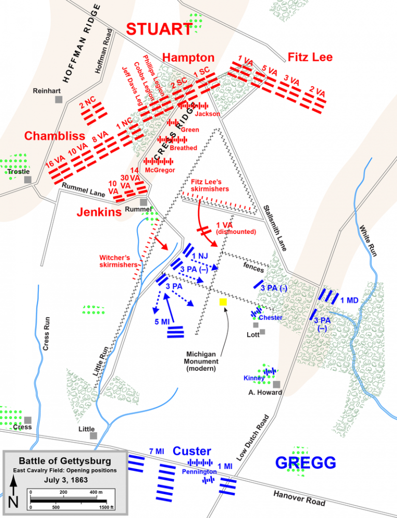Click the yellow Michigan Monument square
pos(223,302)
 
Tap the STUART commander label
pos(159,29)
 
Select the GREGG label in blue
pos(306,463)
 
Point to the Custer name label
pos(192,451)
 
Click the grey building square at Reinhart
pos(59,99)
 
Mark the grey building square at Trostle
pos(27,180)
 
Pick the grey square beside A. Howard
pos(277,384)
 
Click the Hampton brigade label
pos(188,57)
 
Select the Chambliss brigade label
pos(54,136)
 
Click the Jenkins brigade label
pos(99,212)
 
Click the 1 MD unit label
pos(349,300)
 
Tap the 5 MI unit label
pos(162,322)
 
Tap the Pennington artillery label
pos(199,472)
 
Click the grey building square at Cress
pos(27,420)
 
